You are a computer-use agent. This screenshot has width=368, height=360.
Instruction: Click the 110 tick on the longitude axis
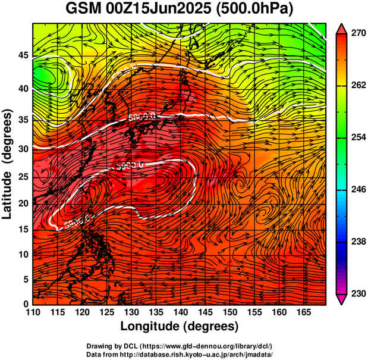pos(33,312)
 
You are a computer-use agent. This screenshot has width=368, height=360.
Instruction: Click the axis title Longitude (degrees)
pos(180,326)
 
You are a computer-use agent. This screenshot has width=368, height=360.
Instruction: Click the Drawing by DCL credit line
pos(180,346)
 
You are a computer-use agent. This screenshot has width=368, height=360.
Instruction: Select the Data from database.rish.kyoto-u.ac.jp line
pos(180,354)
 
